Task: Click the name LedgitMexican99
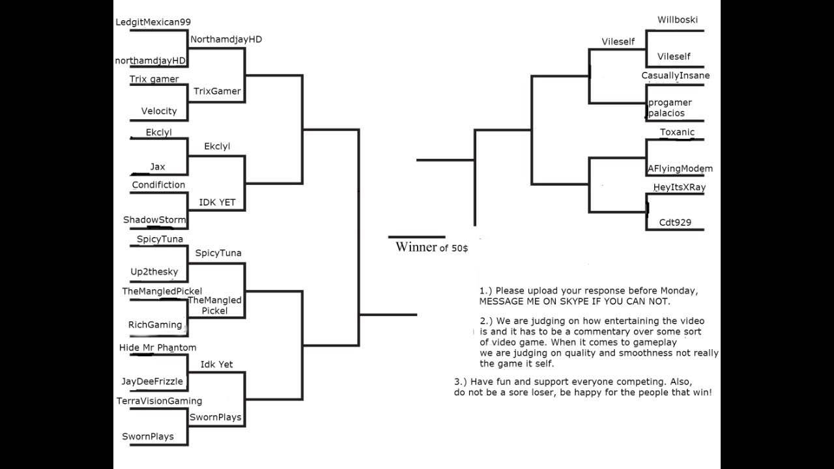coord(153,22)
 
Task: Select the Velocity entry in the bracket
coord(159,111)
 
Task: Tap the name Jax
coord(158,167)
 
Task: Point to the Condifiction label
coord(158,185)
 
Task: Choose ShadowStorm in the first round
coord(154,220)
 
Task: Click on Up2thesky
coord(154,272)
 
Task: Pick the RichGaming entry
coord(155,325)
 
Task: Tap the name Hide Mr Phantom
coord(158,348)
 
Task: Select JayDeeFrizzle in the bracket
coord(152,382)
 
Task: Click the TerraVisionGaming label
coord(159,401)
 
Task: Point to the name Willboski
coord(678,20)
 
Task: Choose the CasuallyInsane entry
coord(676,76)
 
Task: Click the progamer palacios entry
coord(670,108)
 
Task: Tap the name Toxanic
coord(678,132)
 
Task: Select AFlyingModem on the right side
coord(680,169)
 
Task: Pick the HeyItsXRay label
coord(680,188)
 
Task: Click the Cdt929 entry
coord(675,223)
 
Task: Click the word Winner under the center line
coord(416,248)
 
